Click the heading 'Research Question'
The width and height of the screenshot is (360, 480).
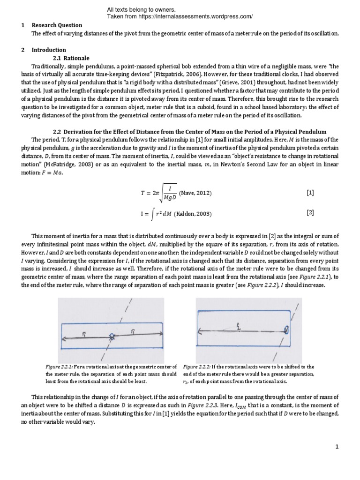tap(57, 25)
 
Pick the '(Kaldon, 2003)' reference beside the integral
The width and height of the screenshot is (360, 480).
tap(193, 214)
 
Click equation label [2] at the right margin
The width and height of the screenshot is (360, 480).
tap(310, 212)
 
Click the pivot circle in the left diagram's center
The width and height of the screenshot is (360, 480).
tap(112, 336)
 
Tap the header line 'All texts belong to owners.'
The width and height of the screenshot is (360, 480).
tap(141, 9)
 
